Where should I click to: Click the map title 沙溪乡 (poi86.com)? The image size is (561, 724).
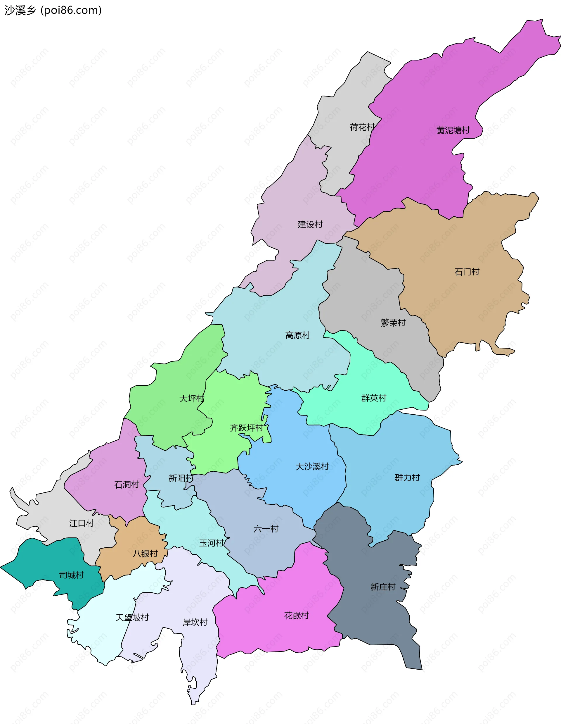coord(53,11)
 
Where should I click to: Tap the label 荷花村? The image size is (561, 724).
coord(362,127)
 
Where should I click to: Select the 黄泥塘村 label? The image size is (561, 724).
coord(453,130)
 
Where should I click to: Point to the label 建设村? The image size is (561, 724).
coord(310,225)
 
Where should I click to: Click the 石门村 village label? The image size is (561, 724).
coord(467,272)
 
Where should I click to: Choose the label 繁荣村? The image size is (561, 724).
coord(393,323)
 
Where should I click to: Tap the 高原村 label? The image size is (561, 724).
coord(297,335)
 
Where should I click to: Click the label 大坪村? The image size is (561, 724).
coord(191,399)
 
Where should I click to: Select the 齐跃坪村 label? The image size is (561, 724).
coord(246,428)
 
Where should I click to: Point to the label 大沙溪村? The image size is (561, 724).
coord(312,466)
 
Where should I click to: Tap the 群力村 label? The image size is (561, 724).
coord(407,478)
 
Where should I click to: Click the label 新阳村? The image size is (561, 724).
coord(181,478)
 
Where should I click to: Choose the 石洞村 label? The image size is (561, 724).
coord(127,485)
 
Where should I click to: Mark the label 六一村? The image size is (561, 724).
coord(266,529)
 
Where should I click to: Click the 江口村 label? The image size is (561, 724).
coord(82,523)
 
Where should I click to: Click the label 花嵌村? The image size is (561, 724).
coord(296,616)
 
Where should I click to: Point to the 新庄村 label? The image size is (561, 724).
coord(383,587)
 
